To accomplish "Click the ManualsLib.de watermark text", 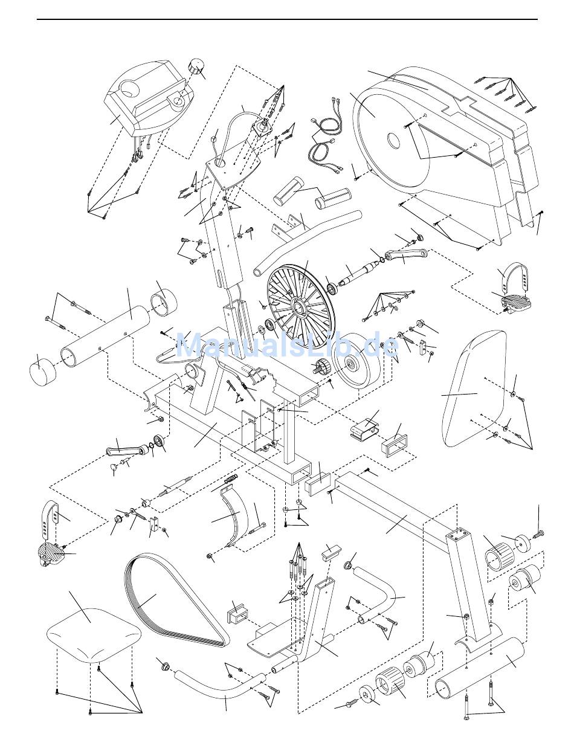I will [x=286, y=346].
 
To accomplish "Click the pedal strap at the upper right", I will [x=512, y=276].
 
